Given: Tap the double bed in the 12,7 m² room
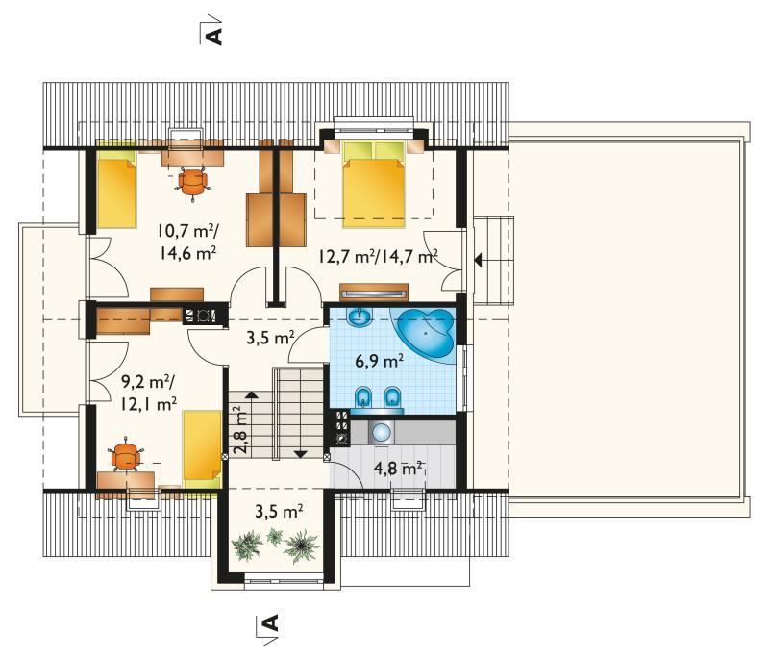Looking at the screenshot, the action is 374,185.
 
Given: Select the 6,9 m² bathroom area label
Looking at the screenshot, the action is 380,361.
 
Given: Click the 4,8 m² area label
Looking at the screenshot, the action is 399,469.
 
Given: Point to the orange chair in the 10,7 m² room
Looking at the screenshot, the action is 193,183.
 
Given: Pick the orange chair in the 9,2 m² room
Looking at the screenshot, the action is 127,454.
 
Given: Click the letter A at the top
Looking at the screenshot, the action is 214,37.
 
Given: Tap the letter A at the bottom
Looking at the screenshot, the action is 271,622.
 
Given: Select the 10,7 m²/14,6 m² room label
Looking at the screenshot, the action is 187,241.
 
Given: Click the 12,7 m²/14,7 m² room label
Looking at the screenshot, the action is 378,256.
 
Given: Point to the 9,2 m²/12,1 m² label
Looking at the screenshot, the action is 149,393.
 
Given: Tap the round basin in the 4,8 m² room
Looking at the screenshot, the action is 381,433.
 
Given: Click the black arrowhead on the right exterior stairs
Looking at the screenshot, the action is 478,260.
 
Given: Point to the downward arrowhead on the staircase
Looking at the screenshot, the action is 300,454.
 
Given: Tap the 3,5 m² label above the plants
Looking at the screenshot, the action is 279,511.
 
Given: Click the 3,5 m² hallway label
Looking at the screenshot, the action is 270,338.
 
